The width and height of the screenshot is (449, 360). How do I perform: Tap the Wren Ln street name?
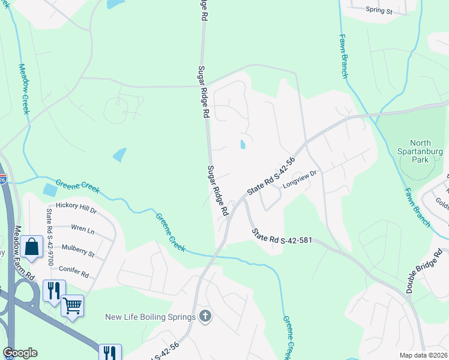(x=83, y=230)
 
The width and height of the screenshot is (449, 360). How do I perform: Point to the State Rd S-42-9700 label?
(x=49, y=229)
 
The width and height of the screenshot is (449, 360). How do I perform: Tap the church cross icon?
(x=205, y=316)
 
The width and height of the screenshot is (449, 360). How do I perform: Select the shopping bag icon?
(x=30, y=246)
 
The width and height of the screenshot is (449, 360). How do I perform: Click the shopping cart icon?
(x=72, y=305)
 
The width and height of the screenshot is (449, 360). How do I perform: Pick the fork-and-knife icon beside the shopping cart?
(x=53, y=290)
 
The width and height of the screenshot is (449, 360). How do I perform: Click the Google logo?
(x=20, y=353)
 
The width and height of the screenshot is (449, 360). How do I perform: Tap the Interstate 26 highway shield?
(x=2, y=179)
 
